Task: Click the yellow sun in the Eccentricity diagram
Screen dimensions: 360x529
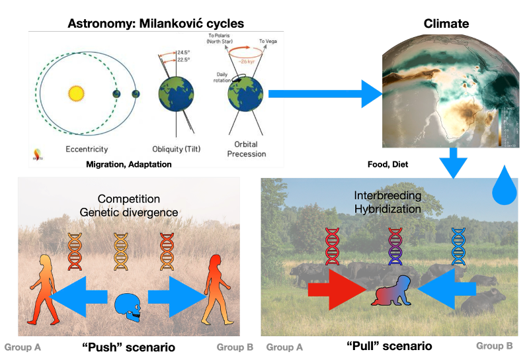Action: coord(75,93)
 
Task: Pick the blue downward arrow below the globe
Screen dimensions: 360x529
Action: coord(453,163)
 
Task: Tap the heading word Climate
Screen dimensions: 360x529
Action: coord(446,24)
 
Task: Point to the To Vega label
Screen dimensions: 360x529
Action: coord(270,40)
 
